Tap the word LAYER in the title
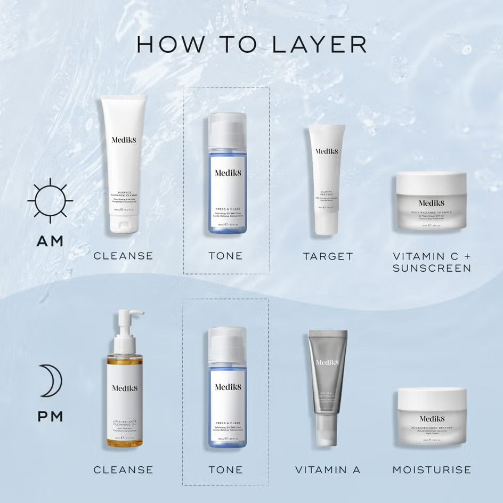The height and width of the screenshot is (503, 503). [319, 45]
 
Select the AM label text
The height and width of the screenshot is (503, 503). [50, 241]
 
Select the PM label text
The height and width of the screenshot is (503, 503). [50, 416]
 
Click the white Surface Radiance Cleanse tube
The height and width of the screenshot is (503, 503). [123, 165]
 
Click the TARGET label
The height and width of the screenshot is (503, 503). [328, 256]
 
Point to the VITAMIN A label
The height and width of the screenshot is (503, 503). [328, 470]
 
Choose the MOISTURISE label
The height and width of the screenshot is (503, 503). [432, 470]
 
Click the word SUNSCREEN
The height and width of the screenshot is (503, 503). [432, 268]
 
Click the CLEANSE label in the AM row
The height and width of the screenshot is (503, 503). [123, 256]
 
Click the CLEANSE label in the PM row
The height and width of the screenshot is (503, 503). [123, 470]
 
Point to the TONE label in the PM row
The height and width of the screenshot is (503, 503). [226, 470]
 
